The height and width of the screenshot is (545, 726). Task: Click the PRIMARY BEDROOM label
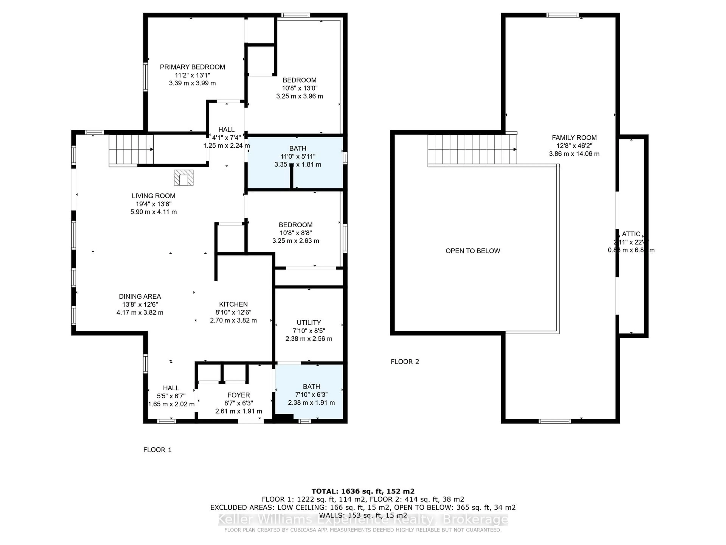pyautogui.click(x=192, y=67)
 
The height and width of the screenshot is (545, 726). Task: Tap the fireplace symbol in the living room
pyautogui.click(x=183, y=178)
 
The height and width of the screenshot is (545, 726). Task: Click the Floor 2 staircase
pyautogui.click(x=472, y=149)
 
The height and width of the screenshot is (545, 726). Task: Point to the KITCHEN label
pyautogui.click(x=233, y=304)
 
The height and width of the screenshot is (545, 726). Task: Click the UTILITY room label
pyautogui.click(x=309, y=323)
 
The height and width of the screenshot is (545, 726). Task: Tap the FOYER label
pyautogui.click(x=239, y=395)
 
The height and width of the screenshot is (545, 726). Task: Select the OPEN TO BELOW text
pyautogui.click(x=473, y=251)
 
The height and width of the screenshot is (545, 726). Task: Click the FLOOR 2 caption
pyautogui.click(x=405, y=362)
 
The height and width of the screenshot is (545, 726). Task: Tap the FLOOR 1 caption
pyautogui.click(x=157, y=450)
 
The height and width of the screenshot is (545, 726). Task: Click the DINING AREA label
pyautogui.click(x=140, y=296)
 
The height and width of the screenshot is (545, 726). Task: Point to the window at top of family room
pyautogui.click(x=562, y=15)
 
